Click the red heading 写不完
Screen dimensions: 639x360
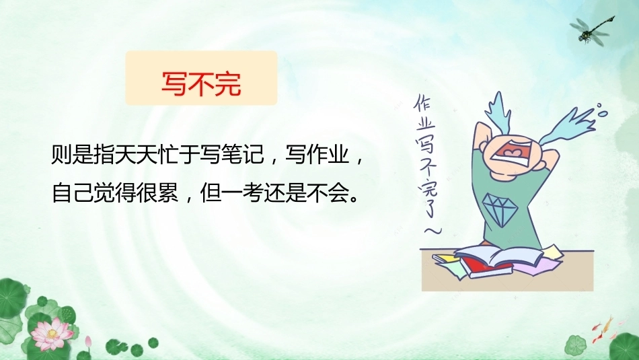(201, 83)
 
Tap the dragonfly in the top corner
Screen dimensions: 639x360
(592, 30)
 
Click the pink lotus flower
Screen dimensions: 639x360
(52, 334)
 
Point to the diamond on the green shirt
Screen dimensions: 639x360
(500, 209)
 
